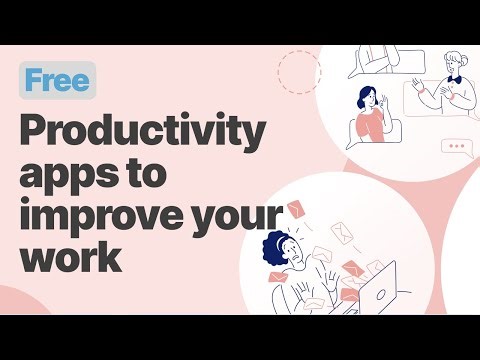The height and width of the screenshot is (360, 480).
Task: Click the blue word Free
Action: (x=57, y=81)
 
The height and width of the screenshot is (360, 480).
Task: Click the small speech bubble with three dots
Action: (x=456, y=147)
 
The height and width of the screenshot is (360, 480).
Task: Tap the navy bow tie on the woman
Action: (x=455, y=80)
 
